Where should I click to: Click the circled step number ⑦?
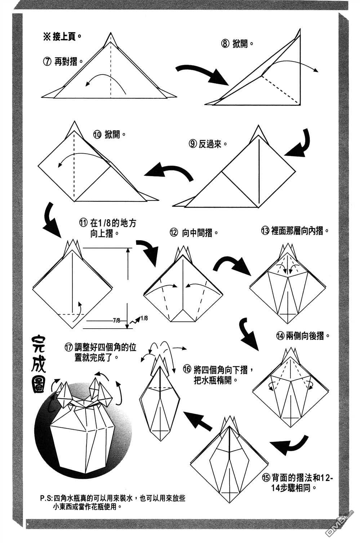[47, 61]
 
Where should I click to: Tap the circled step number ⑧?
[225, 44]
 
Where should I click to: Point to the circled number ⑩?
[97, 135]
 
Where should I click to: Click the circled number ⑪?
[83, 223]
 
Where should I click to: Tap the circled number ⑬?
[265, 231]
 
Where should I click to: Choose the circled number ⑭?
[280, 336]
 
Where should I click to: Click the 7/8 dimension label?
[116, 320]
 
